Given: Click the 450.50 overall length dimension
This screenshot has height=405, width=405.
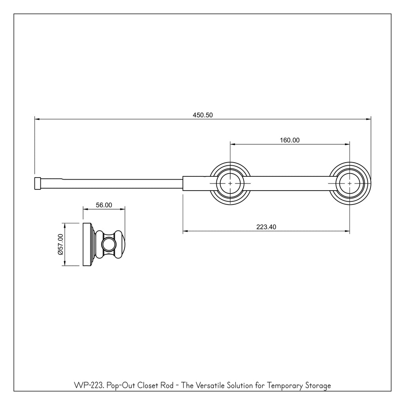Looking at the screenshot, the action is [x=203, y=115].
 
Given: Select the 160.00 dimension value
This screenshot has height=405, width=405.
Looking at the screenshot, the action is [x=290, y=140].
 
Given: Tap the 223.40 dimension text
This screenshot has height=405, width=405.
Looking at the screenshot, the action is [x=266, y=227].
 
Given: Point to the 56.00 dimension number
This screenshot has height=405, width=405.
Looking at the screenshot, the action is [x=104, y=205].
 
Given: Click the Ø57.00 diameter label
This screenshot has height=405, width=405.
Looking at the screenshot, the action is [x=61, y=244].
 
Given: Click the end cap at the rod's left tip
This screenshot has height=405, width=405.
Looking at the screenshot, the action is [x=38, y=184].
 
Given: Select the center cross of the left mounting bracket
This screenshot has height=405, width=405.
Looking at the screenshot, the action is [x=230, y=184].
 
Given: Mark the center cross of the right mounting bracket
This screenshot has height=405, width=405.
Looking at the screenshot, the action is [x=350, y=184].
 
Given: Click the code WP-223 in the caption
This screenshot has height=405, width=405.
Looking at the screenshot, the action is [x=89, y=386].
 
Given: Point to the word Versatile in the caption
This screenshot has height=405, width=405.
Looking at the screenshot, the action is [x=210, y=386].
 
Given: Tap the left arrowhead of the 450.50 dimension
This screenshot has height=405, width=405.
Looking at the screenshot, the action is [x=37, y=119].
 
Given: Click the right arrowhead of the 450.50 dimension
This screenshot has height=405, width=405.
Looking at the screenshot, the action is [x=369, y=119].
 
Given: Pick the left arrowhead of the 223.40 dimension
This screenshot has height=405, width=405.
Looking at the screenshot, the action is [x=185, y=231].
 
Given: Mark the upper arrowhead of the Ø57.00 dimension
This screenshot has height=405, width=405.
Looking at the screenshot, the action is [x=64, y=225].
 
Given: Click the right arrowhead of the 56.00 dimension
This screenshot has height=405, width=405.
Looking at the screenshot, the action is [x=123, y=210].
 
